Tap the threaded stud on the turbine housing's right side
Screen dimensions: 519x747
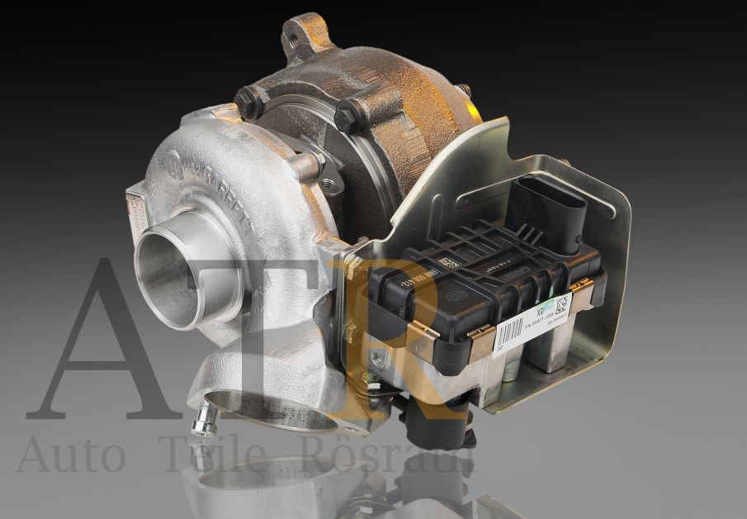pos(467,89)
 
